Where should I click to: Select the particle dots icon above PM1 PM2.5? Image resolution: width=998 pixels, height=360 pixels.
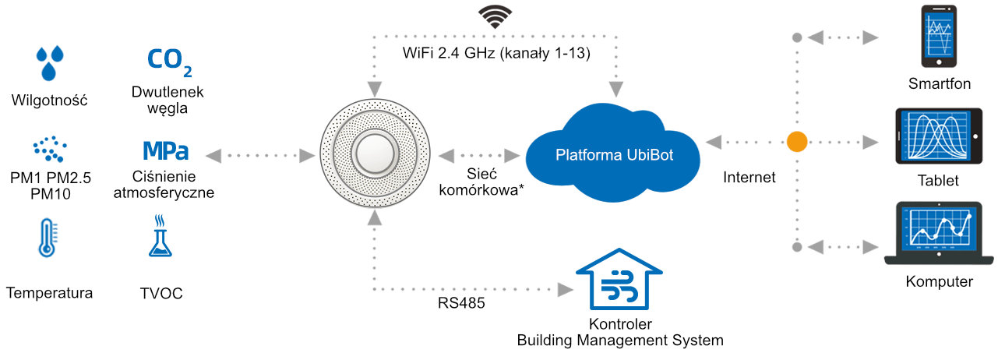click(x=50, y=148)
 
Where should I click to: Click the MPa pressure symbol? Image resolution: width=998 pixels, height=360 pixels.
click(x=165, y=150)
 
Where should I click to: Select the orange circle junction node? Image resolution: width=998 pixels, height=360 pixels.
click(x=796, y=143)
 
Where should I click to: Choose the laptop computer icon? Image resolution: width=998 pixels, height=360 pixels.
click(x=940, y=234)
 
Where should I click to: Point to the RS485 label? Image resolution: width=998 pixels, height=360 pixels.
click(x=461, y=303)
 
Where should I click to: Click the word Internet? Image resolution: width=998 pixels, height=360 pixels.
click(x=749, y=177)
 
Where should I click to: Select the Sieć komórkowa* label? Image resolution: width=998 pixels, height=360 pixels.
click(x=481, y=182)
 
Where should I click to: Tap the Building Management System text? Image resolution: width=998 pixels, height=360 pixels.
click(x=620, y=340)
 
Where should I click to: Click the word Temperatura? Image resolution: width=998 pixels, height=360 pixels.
click(x=49, y=294)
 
